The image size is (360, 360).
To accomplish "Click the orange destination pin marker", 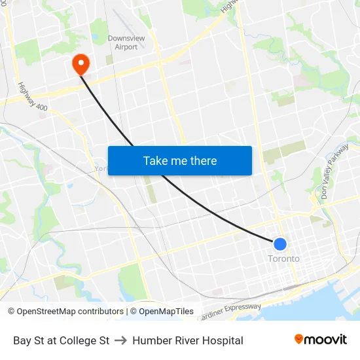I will [x=81, y=63].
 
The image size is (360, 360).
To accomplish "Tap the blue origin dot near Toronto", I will [x=279, y=244].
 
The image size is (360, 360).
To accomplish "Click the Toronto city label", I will [x=283, y=259].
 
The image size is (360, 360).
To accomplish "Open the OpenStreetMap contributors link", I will [x=70, y=312].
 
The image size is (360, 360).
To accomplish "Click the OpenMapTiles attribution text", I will [x=166, y=312].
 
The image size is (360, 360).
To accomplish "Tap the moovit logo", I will [x=321, y=339].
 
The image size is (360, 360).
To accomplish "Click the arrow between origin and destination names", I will [x=120, y=340].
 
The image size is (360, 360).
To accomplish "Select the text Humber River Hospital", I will [x=188, y=340].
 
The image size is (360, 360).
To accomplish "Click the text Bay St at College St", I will [x=61, y=340].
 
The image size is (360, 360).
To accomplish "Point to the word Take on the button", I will [x=156, y=160].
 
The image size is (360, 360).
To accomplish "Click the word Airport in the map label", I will [x=126, y=47].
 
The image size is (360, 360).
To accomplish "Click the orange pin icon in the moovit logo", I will [x=299, y=339].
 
